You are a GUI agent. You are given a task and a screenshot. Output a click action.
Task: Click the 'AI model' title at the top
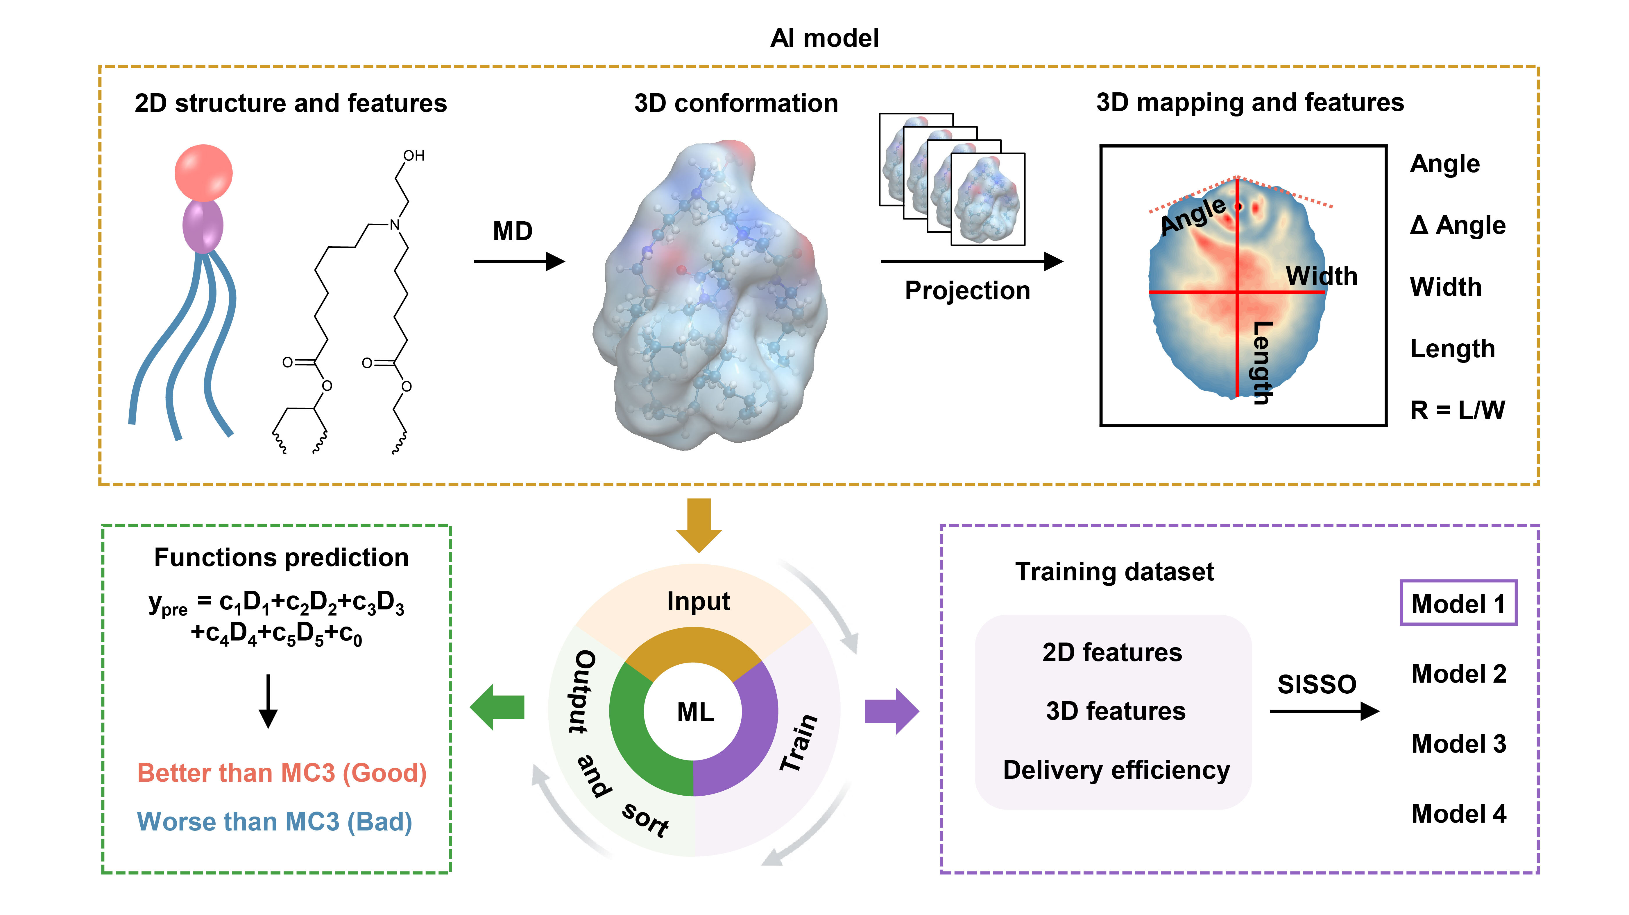coord(824,39)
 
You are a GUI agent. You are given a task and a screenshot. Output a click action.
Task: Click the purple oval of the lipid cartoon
coord(203,226)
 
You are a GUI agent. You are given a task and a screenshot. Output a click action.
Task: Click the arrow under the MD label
coord(519,261)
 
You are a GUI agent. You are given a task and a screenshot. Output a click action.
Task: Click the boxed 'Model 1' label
coord(1458,604)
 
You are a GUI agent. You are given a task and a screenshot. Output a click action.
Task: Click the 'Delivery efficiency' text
coord(1116,770)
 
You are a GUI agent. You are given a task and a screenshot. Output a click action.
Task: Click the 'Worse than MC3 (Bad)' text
coord(274,822)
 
